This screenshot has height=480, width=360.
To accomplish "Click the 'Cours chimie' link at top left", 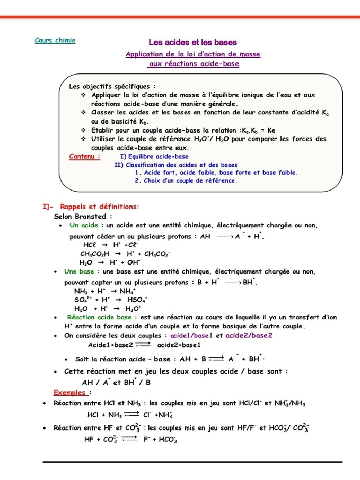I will point(55,40).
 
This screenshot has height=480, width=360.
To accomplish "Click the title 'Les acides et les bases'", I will point(193,42).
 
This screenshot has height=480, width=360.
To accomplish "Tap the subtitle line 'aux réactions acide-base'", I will point(193,64).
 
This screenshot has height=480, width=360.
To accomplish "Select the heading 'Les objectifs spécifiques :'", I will point(112,86).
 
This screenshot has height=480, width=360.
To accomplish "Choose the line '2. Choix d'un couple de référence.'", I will point(186,180).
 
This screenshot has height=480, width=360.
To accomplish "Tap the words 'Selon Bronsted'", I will point(83,217).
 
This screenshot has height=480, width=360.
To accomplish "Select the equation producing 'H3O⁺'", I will point(108,308).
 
